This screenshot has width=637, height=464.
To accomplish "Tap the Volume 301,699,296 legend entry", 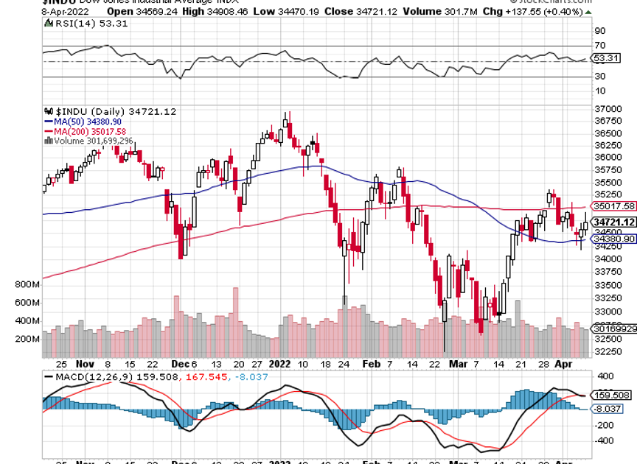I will [x=90, y=140].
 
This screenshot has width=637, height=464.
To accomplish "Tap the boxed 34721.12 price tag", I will [x=613, y=222].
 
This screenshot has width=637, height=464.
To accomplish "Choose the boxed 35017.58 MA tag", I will [x=613, y=206].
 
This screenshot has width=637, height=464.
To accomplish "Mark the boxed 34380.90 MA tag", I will [x=613, y=239].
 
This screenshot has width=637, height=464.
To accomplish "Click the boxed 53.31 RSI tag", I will [x=605, y=57].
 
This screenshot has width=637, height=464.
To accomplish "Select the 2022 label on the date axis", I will [x=281, y=364].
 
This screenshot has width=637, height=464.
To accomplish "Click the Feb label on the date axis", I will [x=372, y=364].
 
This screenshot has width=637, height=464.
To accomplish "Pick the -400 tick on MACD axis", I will [x=605, y=441].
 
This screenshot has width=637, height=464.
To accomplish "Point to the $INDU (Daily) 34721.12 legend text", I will [x=111, y=111].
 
